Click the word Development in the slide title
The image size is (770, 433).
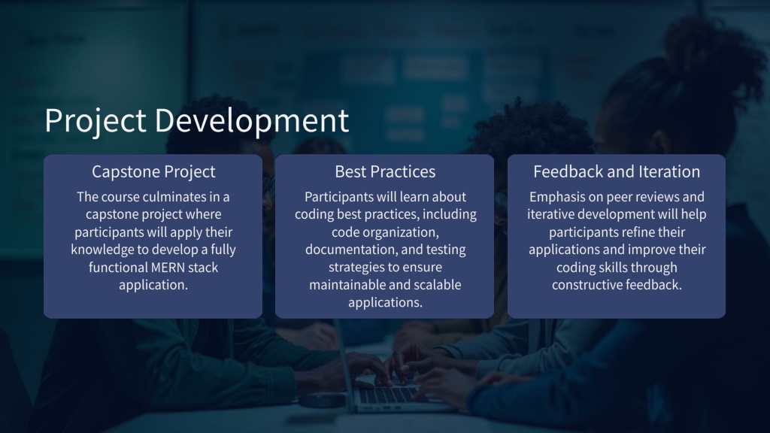(x=252, y=121)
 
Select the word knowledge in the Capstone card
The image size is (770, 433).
(x=102, y=250)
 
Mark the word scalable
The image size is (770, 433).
(x=438, y=285)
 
